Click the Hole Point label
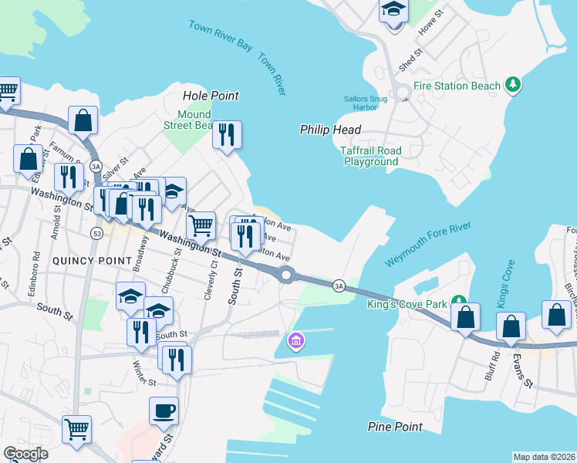(211, 96)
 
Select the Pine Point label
(394, 427)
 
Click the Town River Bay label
(221, 35)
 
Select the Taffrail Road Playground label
(370, 157)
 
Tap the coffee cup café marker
(163, 411)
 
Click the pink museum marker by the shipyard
(295, 340)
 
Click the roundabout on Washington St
(287, 274)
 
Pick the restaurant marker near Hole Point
(227, 135)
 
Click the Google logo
(25, 454)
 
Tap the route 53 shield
(96, 232)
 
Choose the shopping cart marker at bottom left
(76, 429)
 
